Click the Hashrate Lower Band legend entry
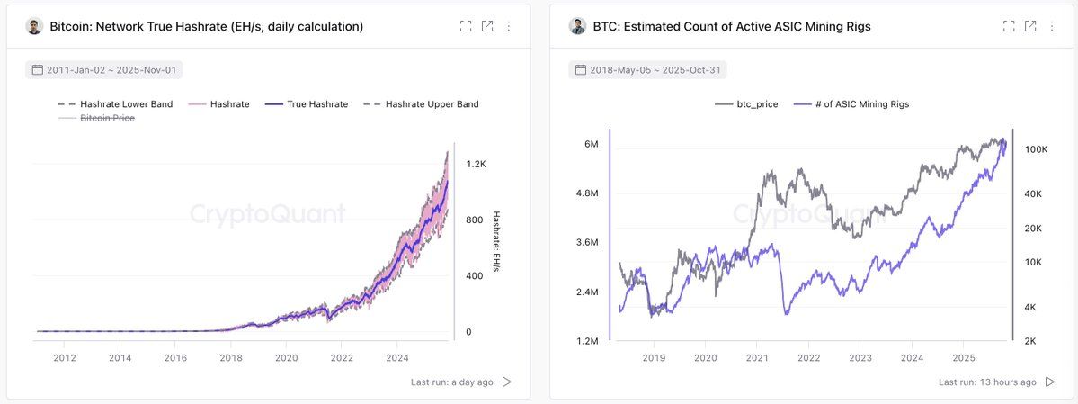115,104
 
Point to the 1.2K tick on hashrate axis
476,165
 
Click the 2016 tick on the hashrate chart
176,358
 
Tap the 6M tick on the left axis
591,145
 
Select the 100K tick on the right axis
1036,149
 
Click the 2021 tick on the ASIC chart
757,358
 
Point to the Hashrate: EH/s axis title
496,243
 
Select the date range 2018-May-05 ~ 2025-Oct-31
647,69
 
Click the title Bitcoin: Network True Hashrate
207,27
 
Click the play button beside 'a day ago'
507,382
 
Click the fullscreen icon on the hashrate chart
466,26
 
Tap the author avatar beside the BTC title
577,26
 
